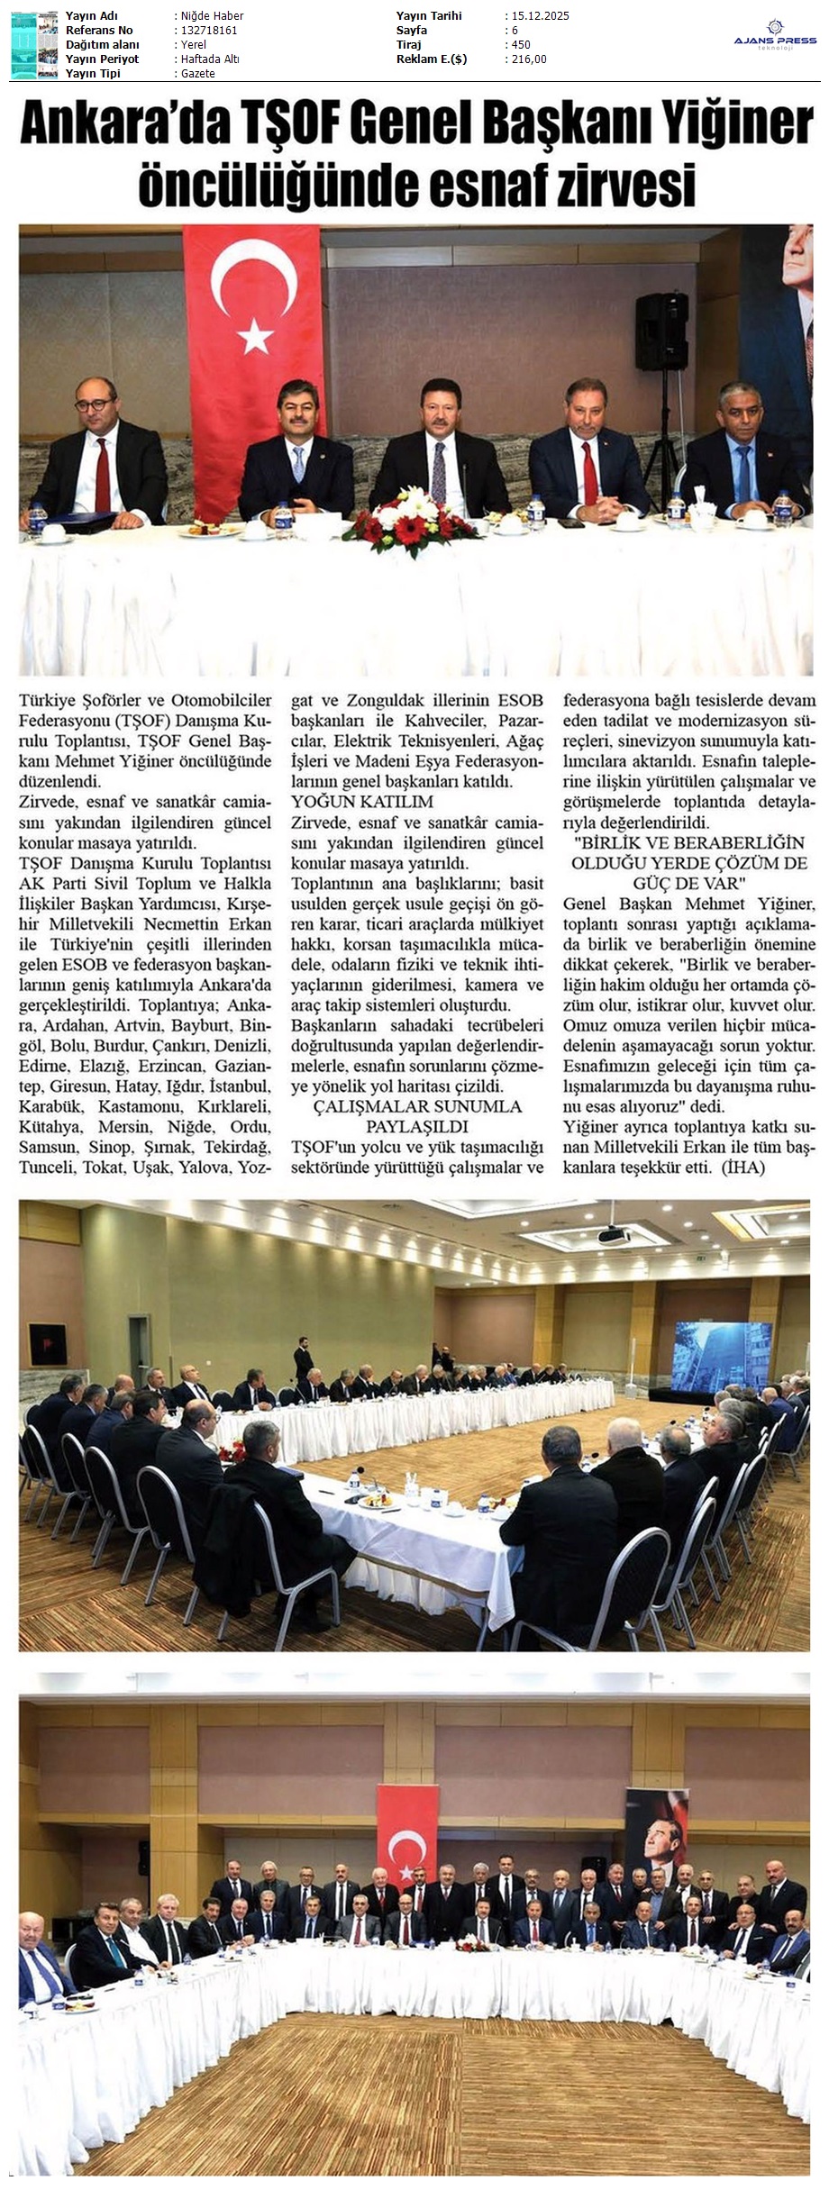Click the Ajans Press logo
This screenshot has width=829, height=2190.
(x=775, y=35)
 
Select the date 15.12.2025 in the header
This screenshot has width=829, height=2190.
(x=540, y=16)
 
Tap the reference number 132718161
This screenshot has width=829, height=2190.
(x=209, y=31)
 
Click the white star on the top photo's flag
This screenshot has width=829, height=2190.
(x=255, y=337)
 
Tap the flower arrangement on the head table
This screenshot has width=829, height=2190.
(x=414, y=517)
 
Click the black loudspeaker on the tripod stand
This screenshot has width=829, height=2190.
(x=661, y=332)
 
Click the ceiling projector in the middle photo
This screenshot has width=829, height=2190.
(x=614, y=1234)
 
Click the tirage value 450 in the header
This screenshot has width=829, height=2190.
(x=520, y=45)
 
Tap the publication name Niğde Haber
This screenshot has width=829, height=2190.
(x=212, y=16)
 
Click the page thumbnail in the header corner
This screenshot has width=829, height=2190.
(x=34, y=45)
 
